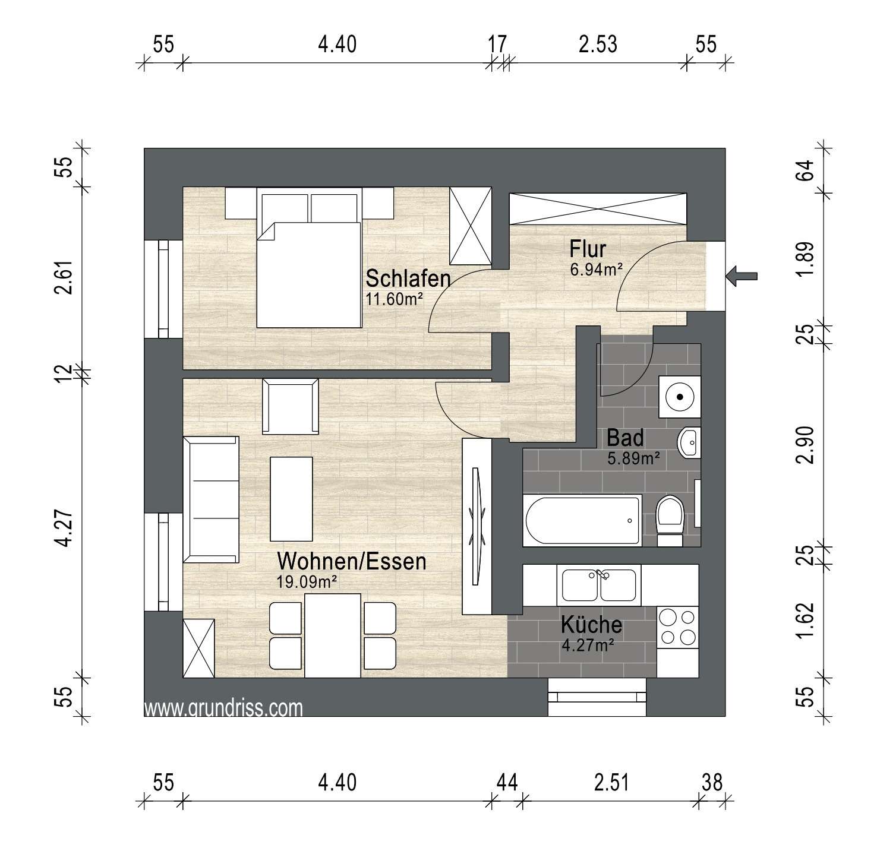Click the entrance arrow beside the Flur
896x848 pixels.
coord(742,275)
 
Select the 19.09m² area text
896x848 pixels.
coord(307,581)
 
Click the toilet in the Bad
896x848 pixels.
coord(670,520)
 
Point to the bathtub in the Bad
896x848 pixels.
coord(582,520)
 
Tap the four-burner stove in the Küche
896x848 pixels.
coord(678,626)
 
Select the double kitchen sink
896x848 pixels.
coord(600,585)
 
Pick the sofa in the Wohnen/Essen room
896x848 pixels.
coord(211,499)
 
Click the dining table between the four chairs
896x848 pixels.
coord(332,635)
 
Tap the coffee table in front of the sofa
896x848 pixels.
coord(291,499)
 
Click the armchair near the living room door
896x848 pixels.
coord(291,406)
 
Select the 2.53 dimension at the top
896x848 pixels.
coord(598,45)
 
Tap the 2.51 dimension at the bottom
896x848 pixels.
coord(611,782)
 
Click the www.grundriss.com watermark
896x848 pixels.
coord(223,708)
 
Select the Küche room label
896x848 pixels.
coord(592,625)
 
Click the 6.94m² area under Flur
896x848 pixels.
coord(596,270)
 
